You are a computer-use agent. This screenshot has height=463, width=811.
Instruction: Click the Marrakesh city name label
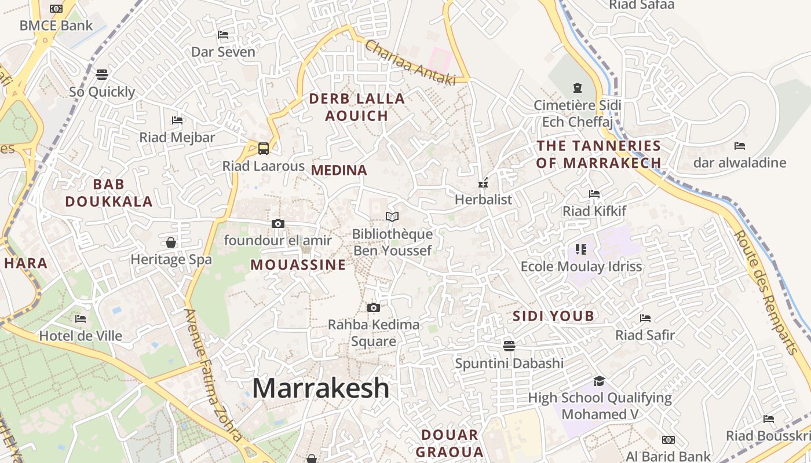pos(320,388)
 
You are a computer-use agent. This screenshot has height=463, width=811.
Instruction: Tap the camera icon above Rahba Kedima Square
pos(374,307)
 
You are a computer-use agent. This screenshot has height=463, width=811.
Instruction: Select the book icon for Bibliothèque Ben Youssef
pos(392,216)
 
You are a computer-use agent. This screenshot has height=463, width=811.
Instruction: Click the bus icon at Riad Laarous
pos(264,149)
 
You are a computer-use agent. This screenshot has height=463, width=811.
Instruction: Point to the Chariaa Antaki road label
pos(410,63)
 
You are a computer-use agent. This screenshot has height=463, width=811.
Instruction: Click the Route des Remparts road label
pos(765,292)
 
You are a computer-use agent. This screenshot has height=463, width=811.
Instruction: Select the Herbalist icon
pos(483,183)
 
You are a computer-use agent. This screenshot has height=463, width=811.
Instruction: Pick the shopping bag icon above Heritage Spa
pos(171,242)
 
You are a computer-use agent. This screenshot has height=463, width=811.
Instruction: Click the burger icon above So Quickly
pos(102,74)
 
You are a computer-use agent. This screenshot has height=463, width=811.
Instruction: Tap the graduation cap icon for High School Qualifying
pos(599,381)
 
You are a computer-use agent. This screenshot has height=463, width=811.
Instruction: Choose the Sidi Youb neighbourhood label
pos(553,316)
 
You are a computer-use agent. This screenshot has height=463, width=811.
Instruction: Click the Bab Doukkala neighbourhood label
pos(109,193)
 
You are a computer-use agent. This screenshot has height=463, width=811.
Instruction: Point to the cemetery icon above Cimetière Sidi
pos(577,88)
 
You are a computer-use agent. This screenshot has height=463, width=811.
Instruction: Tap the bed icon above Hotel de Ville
pos(81,319)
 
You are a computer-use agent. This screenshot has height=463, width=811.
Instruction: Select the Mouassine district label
pos(298,265)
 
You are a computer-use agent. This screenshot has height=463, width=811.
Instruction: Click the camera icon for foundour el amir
pos(277,223)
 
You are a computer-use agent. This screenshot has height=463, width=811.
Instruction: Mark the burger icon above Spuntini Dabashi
pos(509,346)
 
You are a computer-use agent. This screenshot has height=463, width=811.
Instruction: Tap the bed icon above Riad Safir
pos(645,318)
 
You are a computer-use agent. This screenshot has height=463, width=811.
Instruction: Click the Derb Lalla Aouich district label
pos(356,107)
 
